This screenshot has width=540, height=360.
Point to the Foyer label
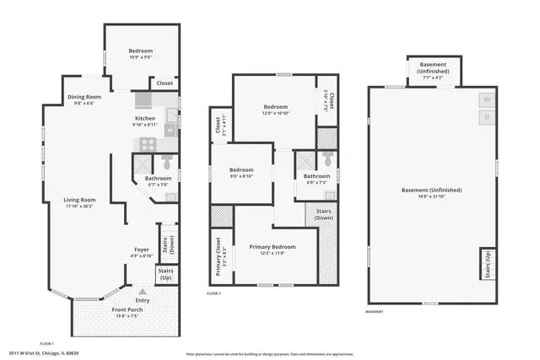141,250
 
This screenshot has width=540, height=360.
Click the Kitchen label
145,119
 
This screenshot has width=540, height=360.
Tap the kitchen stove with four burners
148,144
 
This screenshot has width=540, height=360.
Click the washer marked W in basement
486,99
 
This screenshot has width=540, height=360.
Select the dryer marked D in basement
486,117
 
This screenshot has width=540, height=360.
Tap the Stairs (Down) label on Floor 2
323,213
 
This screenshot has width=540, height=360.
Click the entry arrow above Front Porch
130,292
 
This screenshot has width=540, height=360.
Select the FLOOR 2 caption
213,293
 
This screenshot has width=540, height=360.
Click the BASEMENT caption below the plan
375,313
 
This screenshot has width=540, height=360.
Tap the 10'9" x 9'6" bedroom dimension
140,56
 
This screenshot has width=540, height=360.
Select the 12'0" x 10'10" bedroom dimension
275,113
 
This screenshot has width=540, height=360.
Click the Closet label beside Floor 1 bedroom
165,83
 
